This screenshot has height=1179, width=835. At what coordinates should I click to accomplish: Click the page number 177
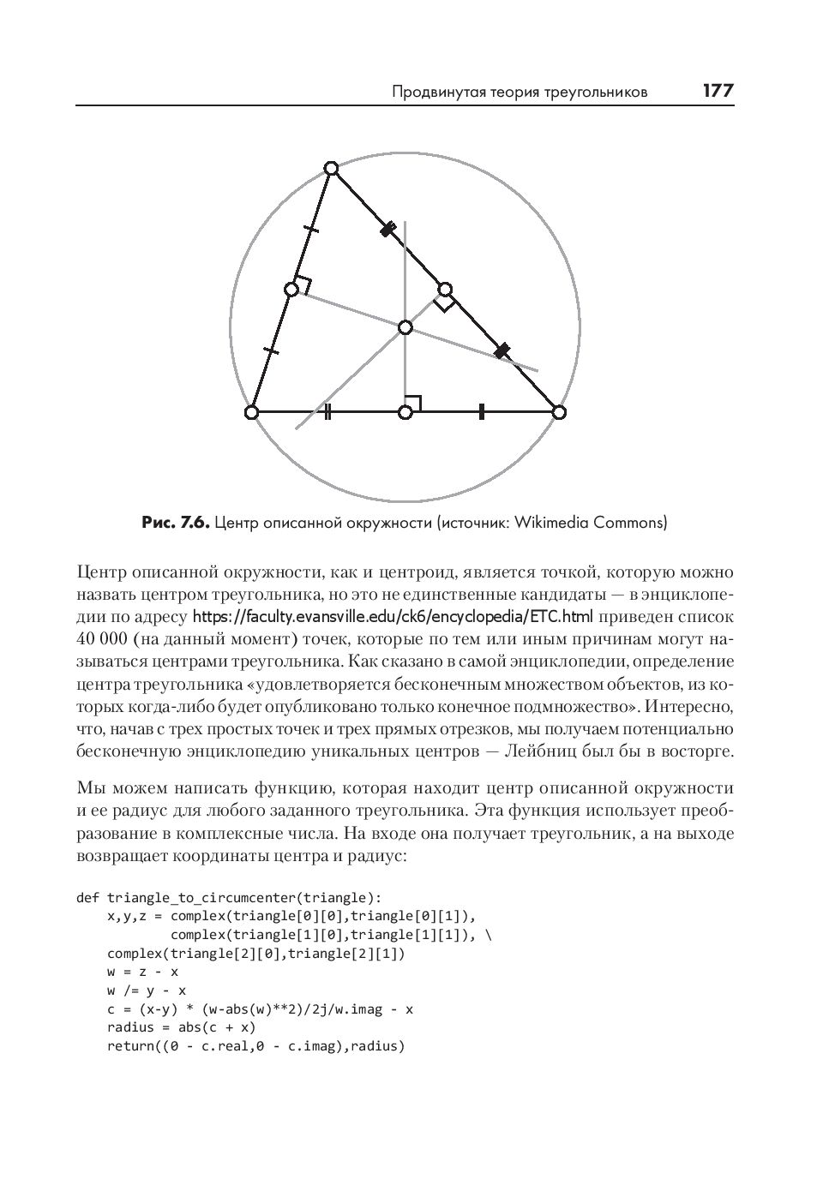tap(718, 91)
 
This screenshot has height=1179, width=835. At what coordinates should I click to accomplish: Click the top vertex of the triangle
tap(332, 168)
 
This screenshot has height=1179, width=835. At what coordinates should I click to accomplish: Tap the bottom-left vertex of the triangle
tap(251, 413)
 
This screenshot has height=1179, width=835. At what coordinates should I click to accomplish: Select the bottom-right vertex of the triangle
tap(559, 413)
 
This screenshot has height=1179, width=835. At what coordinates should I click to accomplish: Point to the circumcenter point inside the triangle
tap(405, 327)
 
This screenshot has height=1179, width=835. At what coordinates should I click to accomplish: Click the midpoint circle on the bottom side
tap(405, 413)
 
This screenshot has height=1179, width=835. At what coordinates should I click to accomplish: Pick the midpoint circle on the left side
tap(291, 290)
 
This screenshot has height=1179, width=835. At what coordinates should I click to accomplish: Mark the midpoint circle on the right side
tap(445, 289)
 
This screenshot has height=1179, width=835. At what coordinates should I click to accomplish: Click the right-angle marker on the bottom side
tap(413, 402)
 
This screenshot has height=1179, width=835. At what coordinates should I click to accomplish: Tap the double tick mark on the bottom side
tap(329, 413)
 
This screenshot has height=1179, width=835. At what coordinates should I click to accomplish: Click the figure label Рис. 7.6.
tap(175, 522)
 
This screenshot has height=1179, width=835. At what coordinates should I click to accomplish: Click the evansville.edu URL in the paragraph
tap(393, 617)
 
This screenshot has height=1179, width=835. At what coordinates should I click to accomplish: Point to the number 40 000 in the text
tap(102, 639)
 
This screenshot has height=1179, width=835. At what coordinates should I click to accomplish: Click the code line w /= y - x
tap(147, 990)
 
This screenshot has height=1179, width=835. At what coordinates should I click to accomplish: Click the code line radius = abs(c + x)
tap(181, 1027)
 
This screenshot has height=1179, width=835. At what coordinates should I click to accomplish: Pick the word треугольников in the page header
tap(594, 92)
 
